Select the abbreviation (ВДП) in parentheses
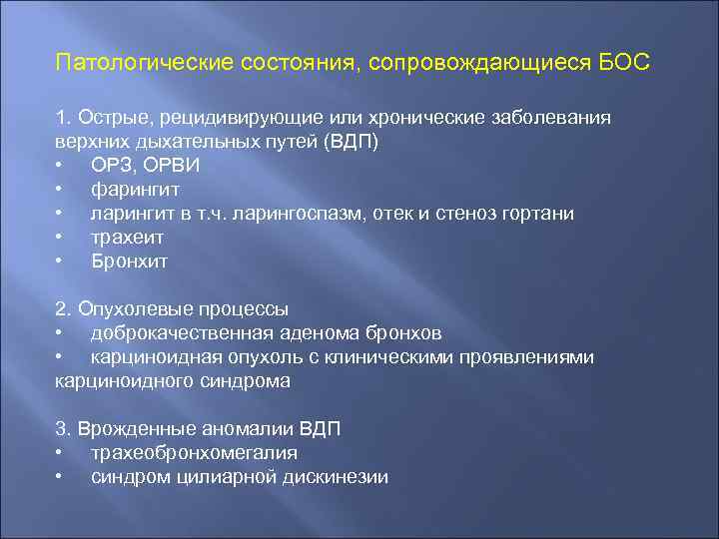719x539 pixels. click(352, 142)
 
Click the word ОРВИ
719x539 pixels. click(171, 166)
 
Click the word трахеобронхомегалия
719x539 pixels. click(194, 453)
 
